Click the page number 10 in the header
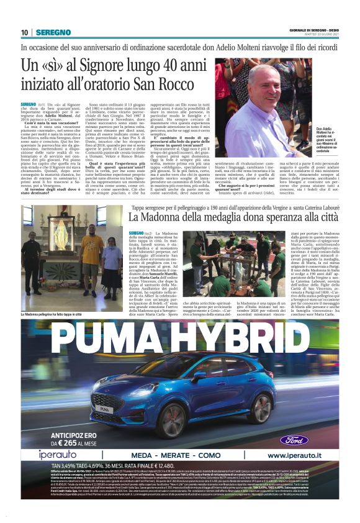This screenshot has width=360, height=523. point(24,32)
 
